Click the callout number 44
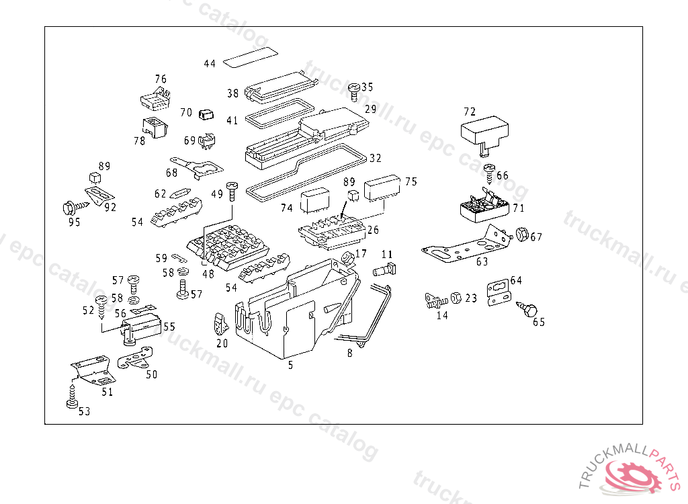click(x=210, y=64)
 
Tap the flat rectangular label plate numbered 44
click(x=250, y=58)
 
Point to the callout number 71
click(x=518, y=208)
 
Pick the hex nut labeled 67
click(x=521, y=236)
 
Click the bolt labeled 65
click(x=529, y=309)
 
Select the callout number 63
click(x=482, y=261)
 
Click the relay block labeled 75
click(x=382, y=188)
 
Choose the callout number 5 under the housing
click(x=290, y=366)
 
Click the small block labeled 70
click(x=206, y=114)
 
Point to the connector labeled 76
click(x=155, y=99)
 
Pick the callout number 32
click(x=375, y=159)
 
